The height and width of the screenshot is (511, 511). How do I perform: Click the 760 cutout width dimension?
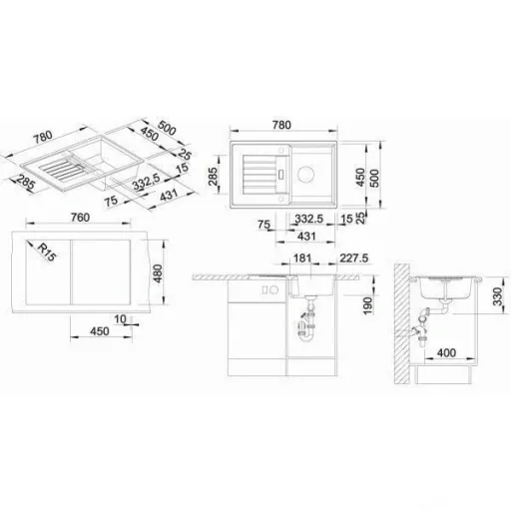[x=80, y=218]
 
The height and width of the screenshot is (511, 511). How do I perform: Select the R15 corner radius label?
[x=47, y=252]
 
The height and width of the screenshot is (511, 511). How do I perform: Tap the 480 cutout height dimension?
[x=158, y=273]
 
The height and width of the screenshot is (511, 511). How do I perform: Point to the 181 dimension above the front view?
[x=302, y=258]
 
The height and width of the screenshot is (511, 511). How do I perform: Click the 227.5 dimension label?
[x=354, y=258]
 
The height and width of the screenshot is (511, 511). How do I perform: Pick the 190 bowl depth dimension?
[x=367, y=305]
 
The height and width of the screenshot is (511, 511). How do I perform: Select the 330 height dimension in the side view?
[x=497, y=296]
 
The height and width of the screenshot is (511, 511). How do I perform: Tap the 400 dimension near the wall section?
[x=446, y=352]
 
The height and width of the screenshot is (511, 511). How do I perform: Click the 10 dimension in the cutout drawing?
[x=120, y=319]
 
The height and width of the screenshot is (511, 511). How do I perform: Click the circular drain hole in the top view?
[x=305, y=174]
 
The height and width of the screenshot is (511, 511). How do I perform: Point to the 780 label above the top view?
[x=281, y=125]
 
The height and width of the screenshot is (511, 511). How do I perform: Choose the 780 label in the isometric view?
[x=44, y=137]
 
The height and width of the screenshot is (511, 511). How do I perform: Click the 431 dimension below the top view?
[x=306, y=237]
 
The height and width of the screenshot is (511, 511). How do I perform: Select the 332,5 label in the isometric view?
[x=147, y=182]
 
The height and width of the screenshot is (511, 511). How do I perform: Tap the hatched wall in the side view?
[x=401, y=323]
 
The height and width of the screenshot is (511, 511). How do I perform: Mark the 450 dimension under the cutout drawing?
[x=100, y=331]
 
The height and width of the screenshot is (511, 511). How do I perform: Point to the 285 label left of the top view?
[x=213, y=176]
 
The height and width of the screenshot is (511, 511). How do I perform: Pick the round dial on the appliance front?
[x=273, y=289]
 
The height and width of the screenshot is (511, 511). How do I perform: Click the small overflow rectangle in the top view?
[x=281, y=175]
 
